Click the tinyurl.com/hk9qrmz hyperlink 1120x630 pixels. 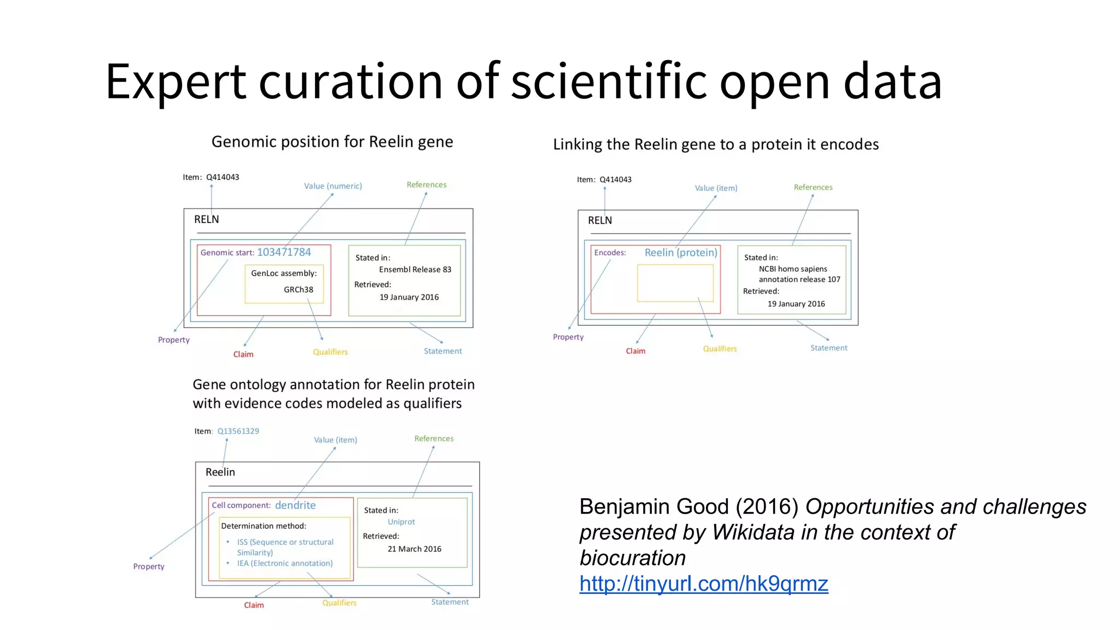(x=703, y=584)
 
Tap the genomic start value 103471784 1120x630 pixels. (x=284, y=252)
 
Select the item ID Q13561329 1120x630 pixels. (x=238, y=431)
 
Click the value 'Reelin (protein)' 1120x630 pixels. (x=680, y=253)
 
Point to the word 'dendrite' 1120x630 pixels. (x=295, y=505)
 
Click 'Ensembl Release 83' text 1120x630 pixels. (x=415, y=270)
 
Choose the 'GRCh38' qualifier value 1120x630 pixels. (x=298, y=289)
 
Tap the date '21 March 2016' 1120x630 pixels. (x=414, y=549)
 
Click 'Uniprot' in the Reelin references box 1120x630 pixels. (x=401, y=522)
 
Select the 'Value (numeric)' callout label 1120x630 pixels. (x=332, y=186)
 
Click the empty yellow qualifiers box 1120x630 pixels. (x=675, y=283)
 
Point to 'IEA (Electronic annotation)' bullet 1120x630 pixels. (x=284, y=563)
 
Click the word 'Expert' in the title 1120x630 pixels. (x=176, y=82)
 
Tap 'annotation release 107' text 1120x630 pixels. (x=799, y=279)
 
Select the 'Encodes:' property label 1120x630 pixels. (x=610, y=253)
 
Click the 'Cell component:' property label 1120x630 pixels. (x=241, y=505)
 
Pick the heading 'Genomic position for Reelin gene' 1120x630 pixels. (x=332, y=142)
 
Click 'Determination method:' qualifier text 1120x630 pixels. (x=263, y=526)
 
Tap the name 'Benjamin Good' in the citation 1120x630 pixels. (x=654, y=507)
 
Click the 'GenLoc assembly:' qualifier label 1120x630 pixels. (x=283, y=273)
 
